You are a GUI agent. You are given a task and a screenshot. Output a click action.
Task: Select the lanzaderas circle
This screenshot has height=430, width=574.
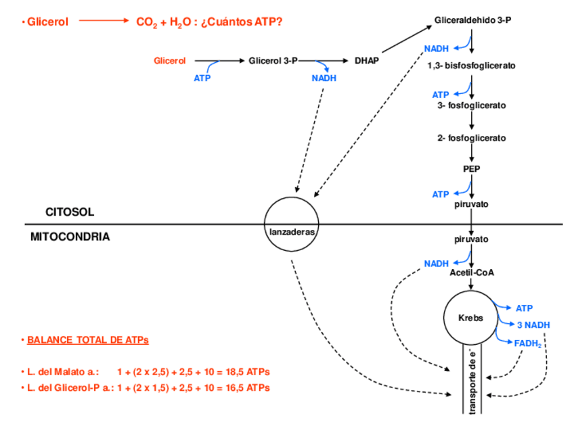click(291, 224)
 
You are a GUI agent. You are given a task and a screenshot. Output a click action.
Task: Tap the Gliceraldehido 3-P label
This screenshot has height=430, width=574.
click(472, 21)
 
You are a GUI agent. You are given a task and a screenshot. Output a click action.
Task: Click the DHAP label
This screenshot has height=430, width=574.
click(366, 61)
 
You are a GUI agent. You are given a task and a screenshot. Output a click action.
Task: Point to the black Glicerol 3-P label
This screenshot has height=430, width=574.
click(273, 61)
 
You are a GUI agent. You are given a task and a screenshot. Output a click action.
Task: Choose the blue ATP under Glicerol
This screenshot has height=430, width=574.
click(202, 78)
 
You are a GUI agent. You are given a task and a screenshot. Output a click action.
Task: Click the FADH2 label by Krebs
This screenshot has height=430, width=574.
click(528, 343)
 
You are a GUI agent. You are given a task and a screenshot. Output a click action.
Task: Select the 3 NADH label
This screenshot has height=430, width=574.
click(533, 325)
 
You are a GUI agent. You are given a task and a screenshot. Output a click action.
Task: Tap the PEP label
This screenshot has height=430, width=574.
click(471, 169)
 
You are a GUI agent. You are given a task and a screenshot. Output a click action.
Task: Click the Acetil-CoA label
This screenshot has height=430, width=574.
click(472, 272)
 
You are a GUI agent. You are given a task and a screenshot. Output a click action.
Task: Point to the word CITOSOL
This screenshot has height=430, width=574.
click(70, 212)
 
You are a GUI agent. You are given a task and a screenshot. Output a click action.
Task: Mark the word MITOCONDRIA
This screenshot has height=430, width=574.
click(70, 237)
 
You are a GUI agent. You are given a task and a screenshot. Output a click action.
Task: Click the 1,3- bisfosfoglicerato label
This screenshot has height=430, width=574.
click(471, 66)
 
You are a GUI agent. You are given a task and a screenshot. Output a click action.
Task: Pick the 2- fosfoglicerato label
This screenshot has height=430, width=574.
click(471, 138)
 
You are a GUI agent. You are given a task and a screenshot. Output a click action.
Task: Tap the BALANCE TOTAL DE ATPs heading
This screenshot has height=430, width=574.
click(87, 339)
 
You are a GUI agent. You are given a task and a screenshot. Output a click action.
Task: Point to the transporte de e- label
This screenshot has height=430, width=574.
click(471, 379)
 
